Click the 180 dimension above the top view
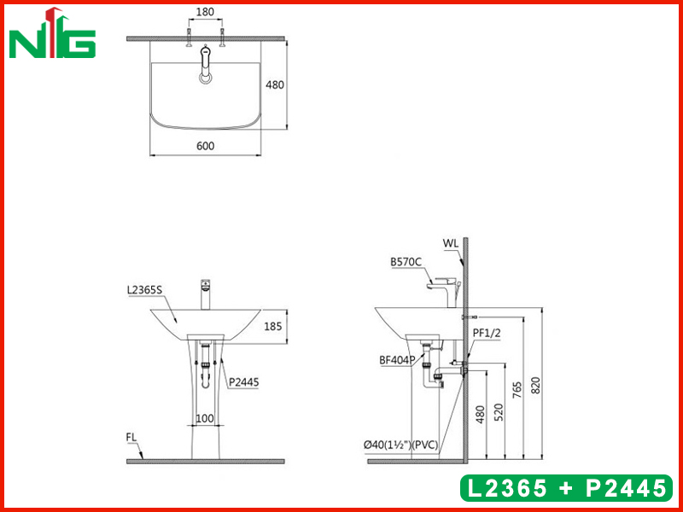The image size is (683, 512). (x=205, y=14)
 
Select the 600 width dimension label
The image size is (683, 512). (x=205, y=146)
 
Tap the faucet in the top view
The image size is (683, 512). (x=205, y=65)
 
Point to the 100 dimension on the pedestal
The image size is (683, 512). (x=205, y=418)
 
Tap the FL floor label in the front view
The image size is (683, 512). (x=132, y=437)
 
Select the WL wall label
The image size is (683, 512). (x=451, y=243)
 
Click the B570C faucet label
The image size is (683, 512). (x=406, y=263)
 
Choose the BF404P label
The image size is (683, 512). (x=397, y=360)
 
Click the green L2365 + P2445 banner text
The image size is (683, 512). (x=564, y=488)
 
